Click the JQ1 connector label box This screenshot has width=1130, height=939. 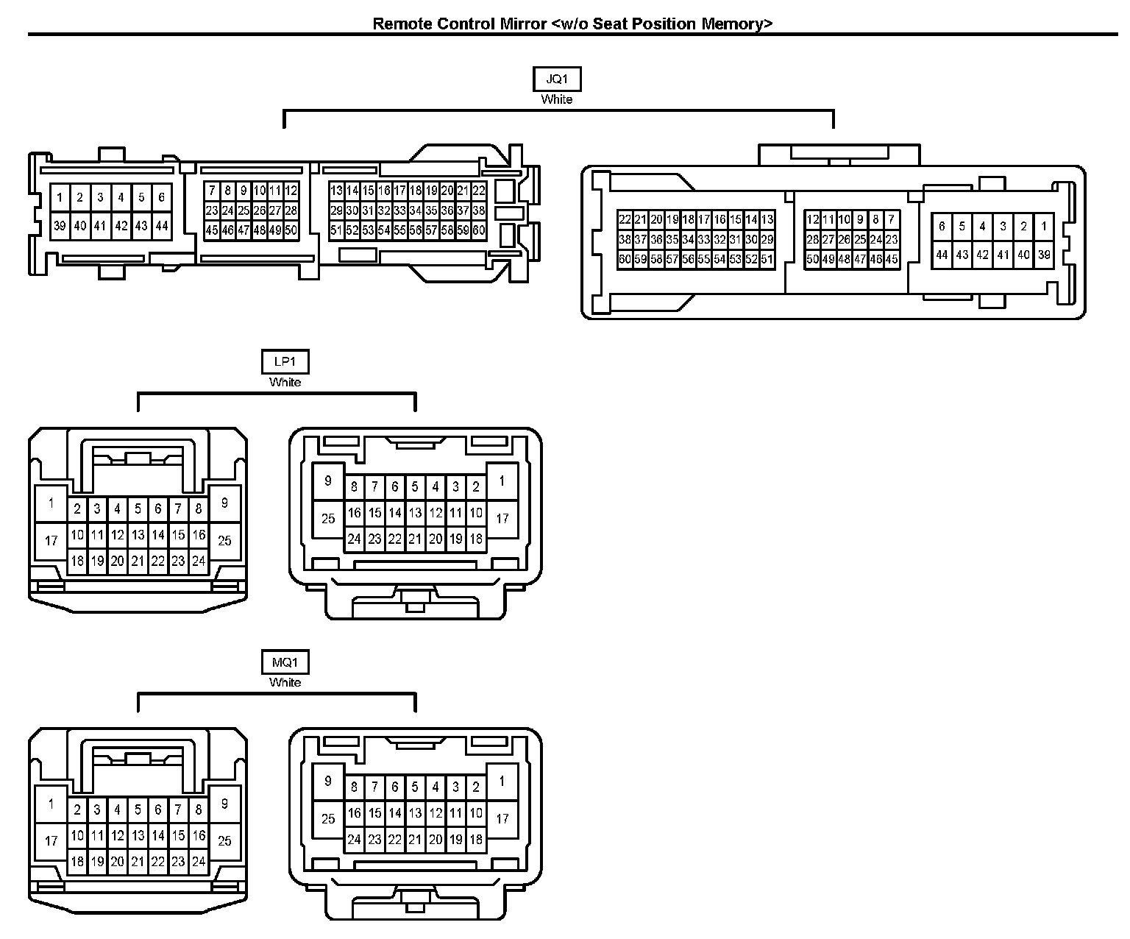coord(557,79)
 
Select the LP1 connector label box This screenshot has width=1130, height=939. coord(285,362)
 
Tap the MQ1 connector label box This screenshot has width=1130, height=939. coord(285,662)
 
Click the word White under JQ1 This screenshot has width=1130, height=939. coord(557,99)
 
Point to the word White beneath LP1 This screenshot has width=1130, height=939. coord(285,382)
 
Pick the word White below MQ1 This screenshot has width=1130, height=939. coord(285,682)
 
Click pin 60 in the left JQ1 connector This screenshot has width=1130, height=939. coord(479,230)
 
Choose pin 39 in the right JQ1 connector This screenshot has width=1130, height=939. coord(1043,255)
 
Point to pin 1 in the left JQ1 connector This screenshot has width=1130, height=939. coord(60,197)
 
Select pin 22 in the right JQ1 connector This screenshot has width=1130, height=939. coord(625,219)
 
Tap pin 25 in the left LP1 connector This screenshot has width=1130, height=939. coord(224,540)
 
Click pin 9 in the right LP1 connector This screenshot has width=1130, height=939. coord(328,481)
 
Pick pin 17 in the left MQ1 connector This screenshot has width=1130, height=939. coord(51,840)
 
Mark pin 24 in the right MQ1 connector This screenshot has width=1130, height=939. coord(354,839)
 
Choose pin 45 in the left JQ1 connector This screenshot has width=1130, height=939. coord(212,230)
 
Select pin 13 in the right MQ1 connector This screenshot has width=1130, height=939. coord(415,813)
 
